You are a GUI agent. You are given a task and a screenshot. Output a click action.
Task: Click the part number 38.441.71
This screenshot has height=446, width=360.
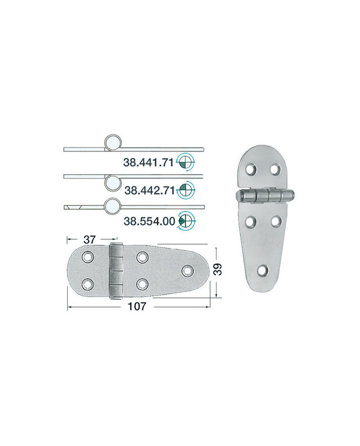(x=148, y=163)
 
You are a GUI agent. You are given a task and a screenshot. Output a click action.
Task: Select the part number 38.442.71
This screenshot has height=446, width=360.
(x=149, y=190)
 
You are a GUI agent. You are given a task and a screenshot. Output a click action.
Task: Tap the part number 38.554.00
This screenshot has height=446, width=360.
(x=149, y=221)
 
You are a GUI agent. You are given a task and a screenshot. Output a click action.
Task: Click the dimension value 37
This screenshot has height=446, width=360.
(x=90, y=239)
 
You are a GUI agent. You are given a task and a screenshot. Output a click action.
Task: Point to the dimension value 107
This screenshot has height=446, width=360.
(x=137, y=306)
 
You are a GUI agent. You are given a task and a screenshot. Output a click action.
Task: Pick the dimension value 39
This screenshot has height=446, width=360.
(x=218, y=270)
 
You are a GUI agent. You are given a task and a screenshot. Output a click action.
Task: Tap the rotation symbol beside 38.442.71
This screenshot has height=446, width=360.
(x=186, y=189)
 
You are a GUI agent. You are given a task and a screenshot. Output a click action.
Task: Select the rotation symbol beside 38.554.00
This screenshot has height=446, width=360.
(x=186, y=221)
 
